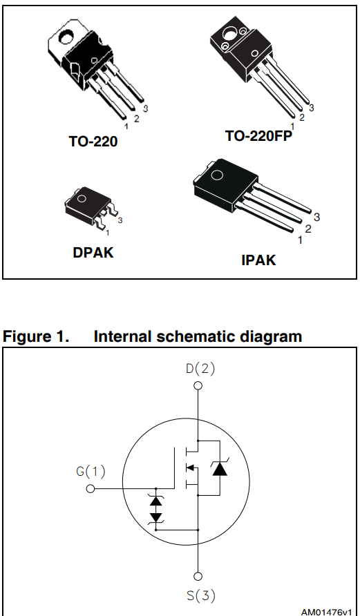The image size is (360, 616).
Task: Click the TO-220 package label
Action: tap(93, 142)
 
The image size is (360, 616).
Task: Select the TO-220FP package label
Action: tap(258, 136)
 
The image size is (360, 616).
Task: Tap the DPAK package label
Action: tap(93, 253)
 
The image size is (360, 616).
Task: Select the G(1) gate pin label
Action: tap(91, 472)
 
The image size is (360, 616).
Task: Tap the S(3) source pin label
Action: tap(200, 596)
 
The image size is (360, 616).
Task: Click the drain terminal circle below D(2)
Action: tap(198, 386)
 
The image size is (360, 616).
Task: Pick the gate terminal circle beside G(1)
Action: tap(91, 489)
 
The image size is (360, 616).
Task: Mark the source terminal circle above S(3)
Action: tap(198, 576)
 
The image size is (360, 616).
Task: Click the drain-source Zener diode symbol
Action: tap(220, 469)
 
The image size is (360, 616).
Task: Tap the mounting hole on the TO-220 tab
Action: tap(67, 32)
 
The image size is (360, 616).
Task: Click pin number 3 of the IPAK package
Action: tap(316, 217)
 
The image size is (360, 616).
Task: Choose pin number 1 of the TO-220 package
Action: tap(126, 126)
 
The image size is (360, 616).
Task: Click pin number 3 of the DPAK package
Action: tap(120, 220)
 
